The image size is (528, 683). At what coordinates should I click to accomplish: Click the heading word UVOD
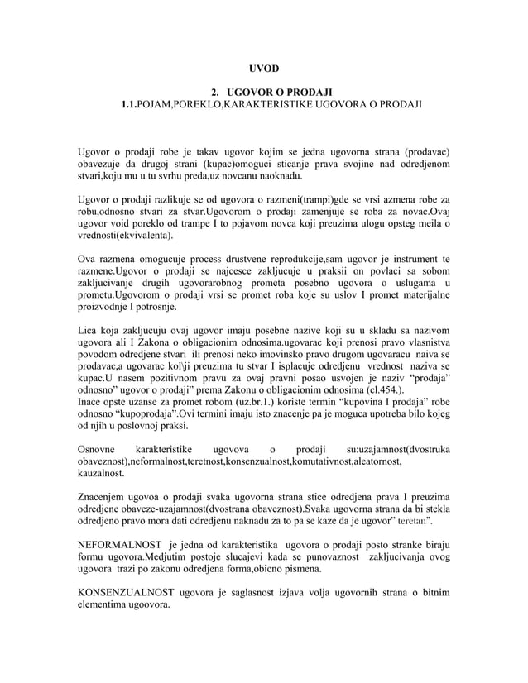(x=264, y=67)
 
